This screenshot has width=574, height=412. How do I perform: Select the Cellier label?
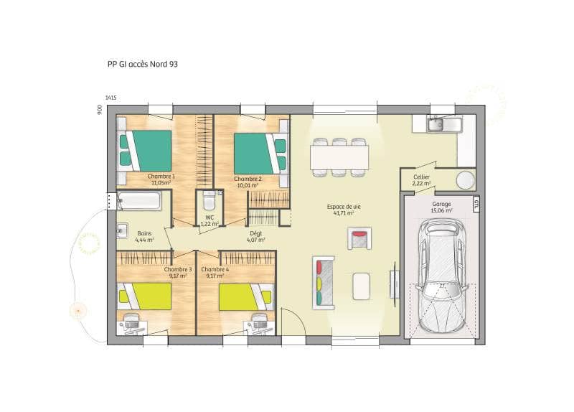[x=421, y=180]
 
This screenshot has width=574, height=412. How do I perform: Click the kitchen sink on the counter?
[x=437, y=126]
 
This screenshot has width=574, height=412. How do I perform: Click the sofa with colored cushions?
[x=322, y=281]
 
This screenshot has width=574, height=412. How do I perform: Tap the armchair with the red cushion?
[x=359, y=237]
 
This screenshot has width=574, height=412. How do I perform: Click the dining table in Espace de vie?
[x=339, y=156]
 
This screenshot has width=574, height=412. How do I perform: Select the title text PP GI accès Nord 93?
[x=142, y=64]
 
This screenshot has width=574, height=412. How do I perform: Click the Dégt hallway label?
[x=255, y=233]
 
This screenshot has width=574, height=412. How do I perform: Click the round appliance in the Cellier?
[x=466, y=179]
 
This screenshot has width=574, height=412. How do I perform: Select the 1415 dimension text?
[x=110, y=98]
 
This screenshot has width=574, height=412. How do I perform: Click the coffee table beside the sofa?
[x=362, y=285]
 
